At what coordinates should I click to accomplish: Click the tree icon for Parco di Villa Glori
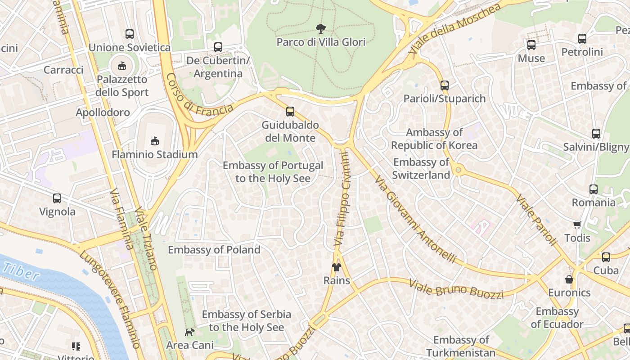pyautogui.click(x=320, y=29)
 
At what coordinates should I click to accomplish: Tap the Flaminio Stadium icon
pyautogui.click(x=155, y=141)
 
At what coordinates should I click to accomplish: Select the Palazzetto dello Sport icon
pyautogui.click(x=121, y=66)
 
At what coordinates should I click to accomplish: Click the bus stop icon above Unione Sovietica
pyautogui.click(x=130, y=34)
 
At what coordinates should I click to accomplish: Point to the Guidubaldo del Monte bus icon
pyautogui.click(x=290, y=111)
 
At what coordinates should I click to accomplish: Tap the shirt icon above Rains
pyautogui.click(x=337, y=267)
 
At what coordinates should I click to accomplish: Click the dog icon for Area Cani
pyautogui.click(x=190, y=332)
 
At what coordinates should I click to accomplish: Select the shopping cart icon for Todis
pyautogui.click(x=577, y=224)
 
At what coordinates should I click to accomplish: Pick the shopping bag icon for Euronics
pyautogui.click(x=569, y=279)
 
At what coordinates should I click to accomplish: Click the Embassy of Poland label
pyautogui.click(x=214, y=250)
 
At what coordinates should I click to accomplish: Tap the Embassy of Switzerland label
pyautogui.click(x=421, y=169)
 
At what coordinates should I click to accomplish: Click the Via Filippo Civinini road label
pyautogui.click(x=342, y=198)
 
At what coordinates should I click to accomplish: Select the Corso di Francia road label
pyautogui.click(x=199, y=96)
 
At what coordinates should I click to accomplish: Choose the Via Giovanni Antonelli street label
pyautogui.click(x=415, y=220)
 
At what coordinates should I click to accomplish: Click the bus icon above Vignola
pyautogui.click(x=57, y=198)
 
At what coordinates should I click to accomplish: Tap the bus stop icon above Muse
pyautogui.click(x=531, y=45)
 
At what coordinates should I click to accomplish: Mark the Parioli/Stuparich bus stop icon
pyautogui.click(x=445, y=85)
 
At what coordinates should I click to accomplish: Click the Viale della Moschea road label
pyautogui.click(x=454, y=29)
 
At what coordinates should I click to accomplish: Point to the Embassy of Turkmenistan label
pyautogui.click(x=461, y=346)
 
